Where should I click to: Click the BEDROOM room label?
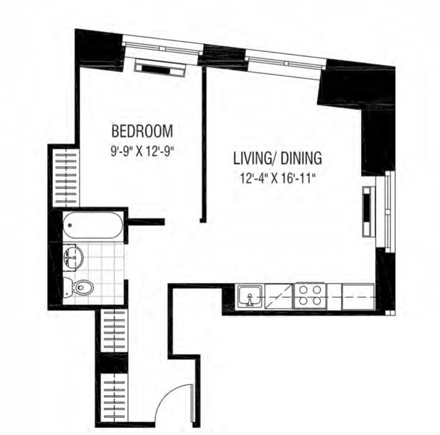142,131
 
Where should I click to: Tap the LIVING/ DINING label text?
278,158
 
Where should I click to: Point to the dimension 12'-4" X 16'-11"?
278,178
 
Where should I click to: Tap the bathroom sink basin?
73,257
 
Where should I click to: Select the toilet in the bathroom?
79,287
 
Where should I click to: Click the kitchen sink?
250,297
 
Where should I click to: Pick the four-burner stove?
310,296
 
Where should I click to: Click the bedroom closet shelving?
66,178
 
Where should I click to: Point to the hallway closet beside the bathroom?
114,331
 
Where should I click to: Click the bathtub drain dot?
70,225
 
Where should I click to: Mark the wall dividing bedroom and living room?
204,144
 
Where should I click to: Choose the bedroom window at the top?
163,47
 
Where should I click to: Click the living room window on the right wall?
387,212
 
